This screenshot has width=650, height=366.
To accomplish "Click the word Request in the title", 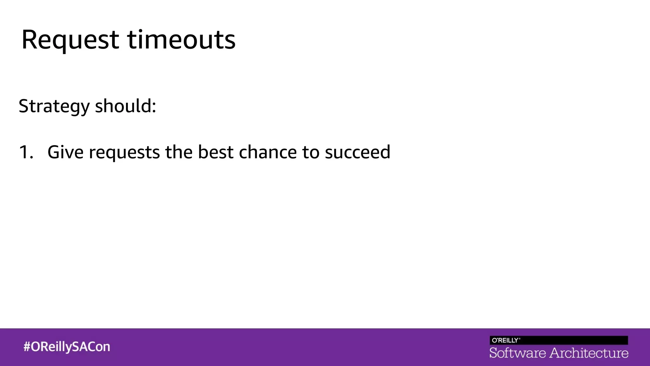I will [70, 40].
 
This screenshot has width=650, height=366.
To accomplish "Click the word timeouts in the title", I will [181, 40].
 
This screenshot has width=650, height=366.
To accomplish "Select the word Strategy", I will [54, 106].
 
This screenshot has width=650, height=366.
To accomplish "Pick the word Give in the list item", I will [65, 152].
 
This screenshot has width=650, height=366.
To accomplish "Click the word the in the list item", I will [179, 152].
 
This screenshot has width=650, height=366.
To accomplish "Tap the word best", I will [216, 152].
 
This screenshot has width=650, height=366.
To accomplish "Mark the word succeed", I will [357, 152].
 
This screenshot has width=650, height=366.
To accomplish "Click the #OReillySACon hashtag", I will [67, 347].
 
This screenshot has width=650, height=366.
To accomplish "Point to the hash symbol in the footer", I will [27, 347].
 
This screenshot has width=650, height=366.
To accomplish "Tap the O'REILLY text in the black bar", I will [505, 340].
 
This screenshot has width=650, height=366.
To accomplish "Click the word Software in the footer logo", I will [518, 353].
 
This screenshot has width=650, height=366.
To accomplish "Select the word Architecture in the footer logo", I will [589, 353].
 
